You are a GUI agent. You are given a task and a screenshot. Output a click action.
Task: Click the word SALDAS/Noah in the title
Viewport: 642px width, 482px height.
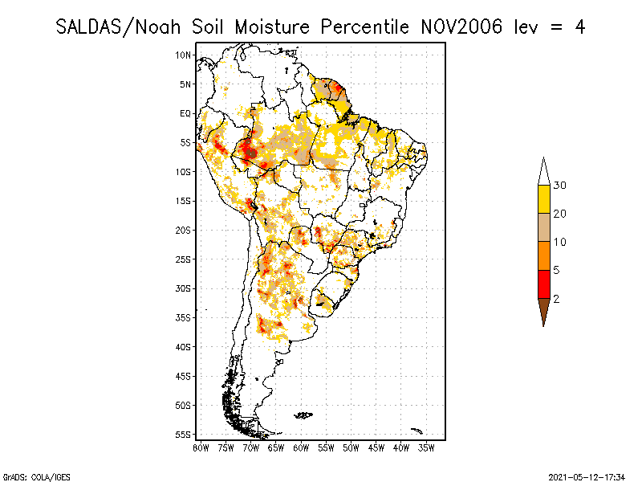(x=118, y=27)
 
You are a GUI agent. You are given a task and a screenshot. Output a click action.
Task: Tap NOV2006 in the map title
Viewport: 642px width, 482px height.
(x=461, y=27)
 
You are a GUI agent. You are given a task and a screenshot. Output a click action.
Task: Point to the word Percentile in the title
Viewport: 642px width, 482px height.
(x=364, y=27)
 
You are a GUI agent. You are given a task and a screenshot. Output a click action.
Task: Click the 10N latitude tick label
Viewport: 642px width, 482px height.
(x=183, y=55)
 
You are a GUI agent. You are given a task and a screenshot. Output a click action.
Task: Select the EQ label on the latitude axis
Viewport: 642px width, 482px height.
(x=185, y=113)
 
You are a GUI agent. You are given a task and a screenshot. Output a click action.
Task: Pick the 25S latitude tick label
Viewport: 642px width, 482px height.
(x=183, y=259)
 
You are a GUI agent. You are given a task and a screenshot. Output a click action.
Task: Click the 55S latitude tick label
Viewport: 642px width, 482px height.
(x=183, y=435)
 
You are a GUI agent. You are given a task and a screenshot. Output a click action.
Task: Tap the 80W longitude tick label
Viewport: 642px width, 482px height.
(x=201, y=448)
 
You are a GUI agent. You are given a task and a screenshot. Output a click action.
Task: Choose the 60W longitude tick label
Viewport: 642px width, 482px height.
(x=301, y=448)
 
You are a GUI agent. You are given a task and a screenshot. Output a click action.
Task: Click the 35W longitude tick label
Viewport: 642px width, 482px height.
(x=426, y=448)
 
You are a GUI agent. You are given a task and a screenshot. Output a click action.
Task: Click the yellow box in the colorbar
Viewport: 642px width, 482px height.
(x=544, y=199)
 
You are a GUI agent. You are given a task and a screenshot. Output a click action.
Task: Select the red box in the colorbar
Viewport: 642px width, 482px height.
(x=544, y=284)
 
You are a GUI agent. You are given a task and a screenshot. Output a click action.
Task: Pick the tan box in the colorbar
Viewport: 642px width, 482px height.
(x=544, y=227)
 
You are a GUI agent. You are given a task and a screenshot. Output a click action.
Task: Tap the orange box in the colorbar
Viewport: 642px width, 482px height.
(x=544, y=255)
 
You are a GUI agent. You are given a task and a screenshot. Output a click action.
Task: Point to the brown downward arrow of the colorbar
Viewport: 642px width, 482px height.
(x=544, y=309)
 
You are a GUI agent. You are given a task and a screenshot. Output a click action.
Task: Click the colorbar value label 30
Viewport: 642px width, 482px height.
(x=559, y=186)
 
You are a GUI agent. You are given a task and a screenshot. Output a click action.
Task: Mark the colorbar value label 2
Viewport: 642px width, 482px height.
(x=556, y=299)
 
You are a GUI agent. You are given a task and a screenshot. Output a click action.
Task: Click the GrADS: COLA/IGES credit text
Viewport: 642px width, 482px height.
(x=36, y=477)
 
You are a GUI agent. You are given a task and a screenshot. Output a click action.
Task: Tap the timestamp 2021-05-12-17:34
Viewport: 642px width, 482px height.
(x=587, y=477)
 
